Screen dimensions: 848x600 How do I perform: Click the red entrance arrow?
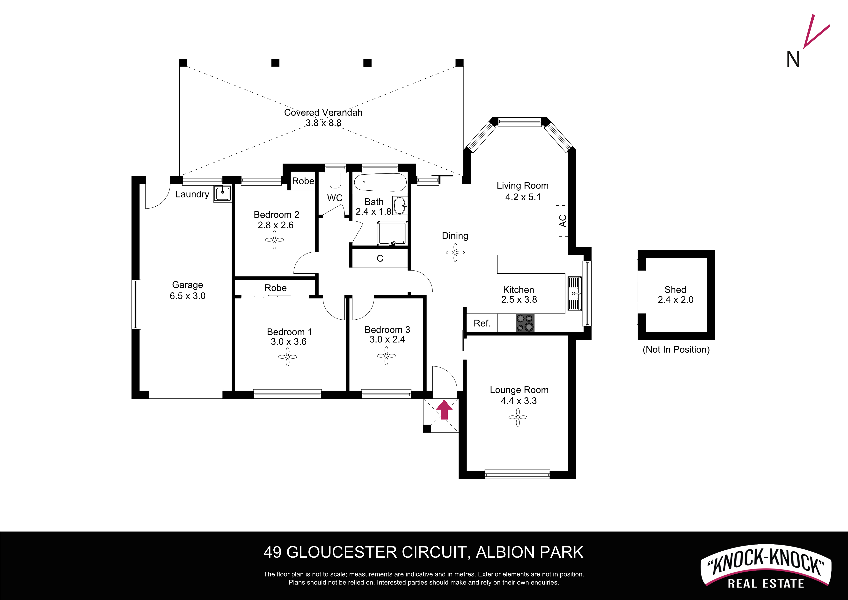(444, 410)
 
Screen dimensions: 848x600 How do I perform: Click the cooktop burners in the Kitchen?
(525, 323)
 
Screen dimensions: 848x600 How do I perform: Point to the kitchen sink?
(574, 293)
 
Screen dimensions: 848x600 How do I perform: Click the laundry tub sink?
(223, 193)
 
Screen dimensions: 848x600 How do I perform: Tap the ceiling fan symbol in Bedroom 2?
(274, 240)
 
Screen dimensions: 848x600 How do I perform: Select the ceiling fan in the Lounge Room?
(518, 417)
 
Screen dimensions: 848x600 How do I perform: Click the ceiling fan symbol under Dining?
(455, 253)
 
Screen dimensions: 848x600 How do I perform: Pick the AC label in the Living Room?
(563, 221)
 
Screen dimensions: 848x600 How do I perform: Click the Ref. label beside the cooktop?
(482, 323)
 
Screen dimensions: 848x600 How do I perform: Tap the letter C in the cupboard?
(380, 258)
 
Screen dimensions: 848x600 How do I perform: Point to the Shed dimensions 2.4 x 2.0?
(675, 300)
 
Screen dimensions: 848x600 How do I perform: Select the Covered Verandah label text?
(323, 112)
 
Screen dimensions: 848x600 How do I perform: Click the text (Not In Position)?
(676, 350)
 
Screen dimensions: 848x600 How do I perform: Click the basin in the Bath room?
(400, 206)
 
